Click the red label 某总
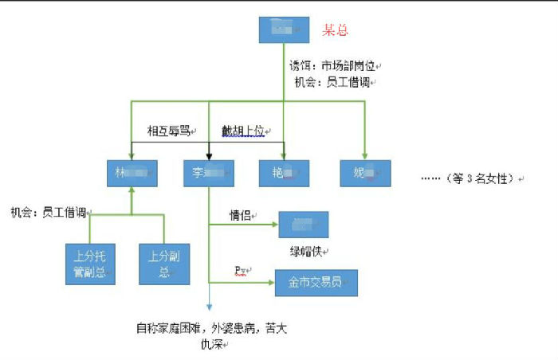335,30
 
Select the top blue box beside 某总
283,29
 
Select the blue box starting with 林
132,174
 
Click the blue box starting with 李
208,174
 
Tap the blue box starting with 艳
283,174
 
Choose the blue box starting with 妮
365,174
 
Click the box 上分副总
163,264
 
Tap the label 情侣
241,215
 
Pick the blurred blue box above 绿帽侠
303,225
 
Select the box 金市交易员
316,283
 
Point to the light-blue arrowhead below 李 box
209,309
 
